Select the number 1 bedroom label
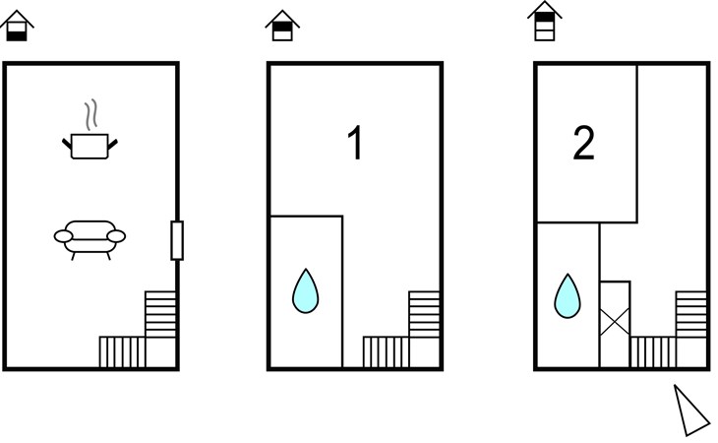click(355, 143)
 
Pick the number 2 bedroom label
click(583, 143)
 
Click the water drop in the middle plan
click(306, 291)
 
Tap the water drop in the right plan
click(568, 297)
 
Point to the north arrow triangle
click(691, 411)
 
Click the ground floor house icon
click(17, 27)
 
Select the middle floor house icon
click(282, 27)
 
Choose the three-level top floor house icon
click(545, 21)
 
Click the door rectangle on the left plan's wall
click(177, 240)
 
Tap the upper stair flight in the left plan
click(160, 314)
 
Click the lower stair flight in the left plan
click(122, 351)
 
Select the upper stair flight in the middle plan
click(424, 314)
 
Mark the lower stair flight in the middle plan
click(386, 351)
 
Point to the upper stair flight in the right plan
click(691, 314)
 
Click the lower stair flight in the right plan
click(653, 351)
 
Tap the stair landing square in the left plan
click(160, 352)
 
